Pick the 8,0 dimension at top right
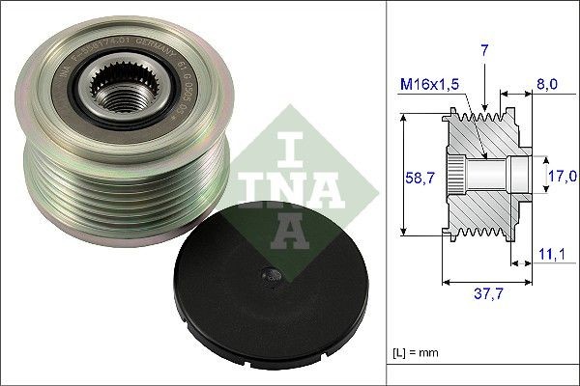pos(547,84)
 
